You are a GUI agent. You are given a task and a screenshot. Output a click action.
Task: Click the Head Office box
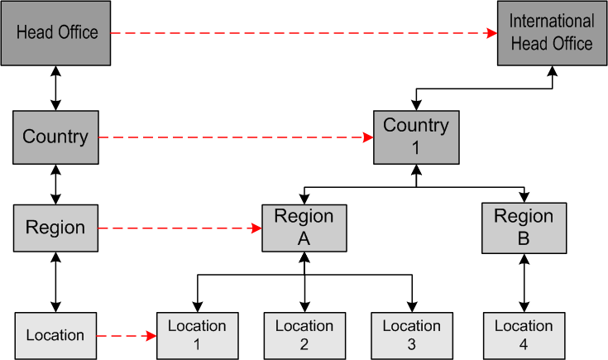pos(56,33)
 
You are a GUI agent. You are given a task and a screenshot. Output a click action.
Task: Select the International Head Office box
pos(552,33)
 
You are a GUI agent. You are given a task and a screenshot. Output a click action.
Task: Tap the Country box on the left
pos(55,137)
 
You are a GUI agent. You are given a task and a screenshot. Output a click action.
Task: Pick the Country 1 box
pos(415,137)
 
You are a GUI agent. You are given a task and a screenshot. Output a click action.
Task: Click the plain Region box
pos(55,228)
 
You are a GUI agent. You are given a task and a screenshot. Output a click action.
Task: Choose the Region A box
pos(304,228)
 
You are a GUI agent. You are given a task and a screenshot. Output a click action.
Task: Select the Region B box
pos(523,228)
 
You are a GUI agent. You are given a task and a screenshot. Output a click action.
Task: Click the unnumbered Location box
pos(55,335)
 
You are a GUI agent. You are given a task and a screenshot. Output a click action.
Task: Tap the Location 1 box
pos(197,335)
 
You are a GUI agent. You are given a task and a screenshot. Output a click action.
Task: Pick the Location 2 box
pos(304,335)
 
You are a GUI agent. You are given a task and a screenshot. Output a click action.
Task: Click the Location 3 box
pos(412,335)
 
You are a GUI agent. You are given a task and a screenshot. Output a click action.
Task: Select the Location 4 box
pos(523,335)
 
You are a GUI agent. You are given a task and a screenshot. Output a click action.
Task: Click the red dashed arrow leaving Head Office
pos(298,33)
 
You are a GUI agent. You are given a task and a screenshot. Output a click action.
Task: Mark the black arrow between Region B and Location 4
pos(523,282)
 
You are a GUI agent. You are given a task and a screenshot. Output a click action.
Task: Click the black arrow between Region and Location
pos(55,282)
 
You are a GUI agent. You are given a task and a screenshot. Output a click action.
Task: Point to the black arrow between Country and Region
pos(55,183)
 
